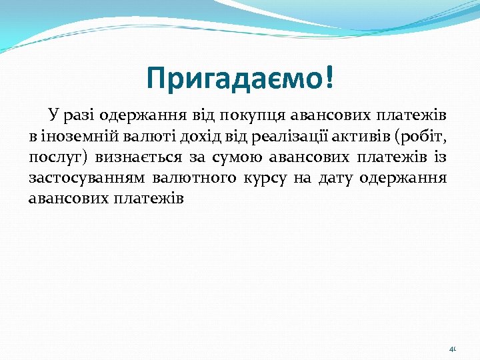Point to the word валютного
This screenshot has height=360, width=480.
point(194,179)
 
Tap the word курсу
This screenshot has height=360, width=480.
point(267,179)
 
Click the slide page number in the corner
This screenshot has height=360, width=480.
point(452,349)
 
